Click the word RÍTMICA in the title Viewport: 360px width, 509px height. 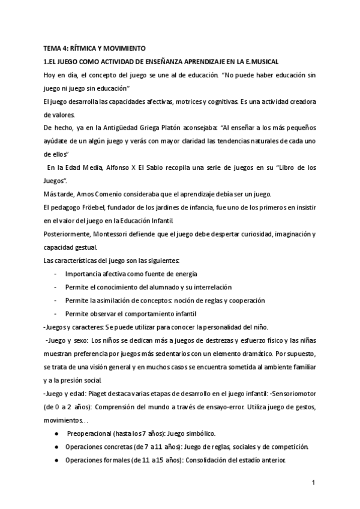[86, 47]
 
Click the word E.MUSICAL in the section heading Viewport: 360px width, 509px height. [262, 61]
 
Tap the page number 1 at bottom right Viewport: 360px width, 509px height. [313, 481]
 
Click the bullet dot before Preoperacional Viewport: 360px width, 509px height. [56, 433]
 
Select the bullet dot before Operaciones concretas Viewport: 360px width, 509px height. [56, 447]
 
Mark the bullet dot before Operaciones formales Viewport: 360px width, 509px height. [56, 460]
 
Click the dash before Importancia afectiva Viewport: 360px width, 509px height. [55, 274]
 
